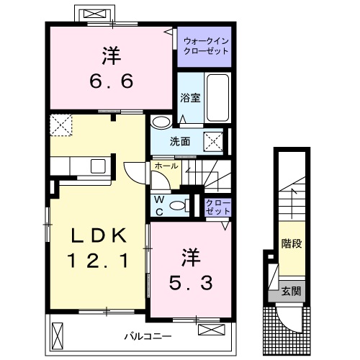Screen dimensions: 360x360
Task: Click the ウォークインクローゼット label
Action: [x=206, y=46]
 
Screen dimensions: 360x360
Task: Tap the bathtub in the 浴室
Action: [x=217, y=98]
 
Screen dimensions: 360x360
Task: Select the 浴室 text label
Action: [x=190, y=98]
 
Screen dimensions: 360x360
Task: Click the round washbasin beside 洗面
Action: [x=161, y=122]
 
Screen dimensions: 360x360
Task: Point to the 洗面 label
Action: [x=180, y=142]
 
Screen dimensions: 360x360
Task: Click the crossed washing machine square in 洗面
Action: [x=213, y=142]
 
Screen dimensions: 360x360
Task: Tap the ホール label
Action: [x=166, y=166]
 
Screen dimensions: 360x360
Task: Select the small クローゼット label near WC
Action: [x=218, y=207]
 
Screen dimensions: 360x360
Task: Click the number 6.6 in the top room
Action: [x=112, y=81]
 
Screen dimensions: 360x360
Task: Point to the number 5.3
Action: [x=191, y=283]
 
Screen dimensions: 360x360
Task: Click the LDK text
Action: [x=99, y=235]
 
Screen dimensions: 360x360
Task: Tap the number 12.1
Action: [x=98, y=261]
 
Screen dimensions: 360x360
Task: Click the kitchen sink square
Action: [x=98, y=166]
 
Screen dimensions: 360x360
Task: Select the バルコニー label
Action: [x=148, y=336]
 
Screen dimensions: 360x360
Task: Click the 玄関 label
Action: [x=291, y=291]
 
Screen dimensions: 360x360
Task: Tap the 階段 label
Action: [x=292, y=243]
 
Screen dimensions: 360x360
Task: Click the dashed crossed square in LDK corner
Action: [x=61, y=125]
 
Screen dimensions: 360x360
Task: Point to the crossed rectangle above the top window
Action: [x=95, y=14]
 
